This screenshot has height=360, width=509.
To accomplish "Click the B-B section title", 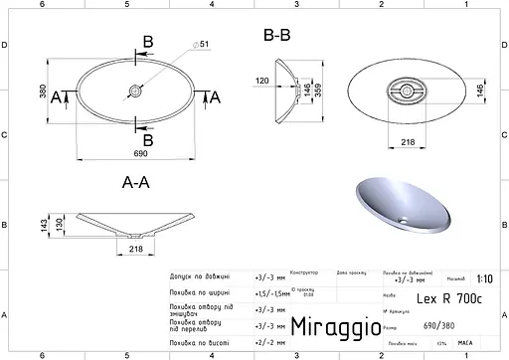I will click(x=276, y=37).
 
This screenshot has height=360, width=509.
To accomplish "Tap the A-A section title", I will click(x=135, y=183).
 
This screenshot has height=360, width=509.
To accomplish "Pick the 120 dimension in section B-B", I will click(x=262, y=82).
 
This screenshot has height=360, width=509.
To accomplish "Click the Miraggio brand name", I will click(x=334, y=326).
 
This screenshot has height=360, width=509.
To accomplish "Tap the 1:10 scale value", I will click(x=484, y=279).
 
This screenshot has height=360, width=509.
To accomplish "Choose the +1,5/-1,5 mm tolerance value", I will click(x=270, y=293).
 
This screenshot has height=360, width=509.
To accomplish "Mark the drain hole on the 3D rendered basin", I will click(x=402, y=218).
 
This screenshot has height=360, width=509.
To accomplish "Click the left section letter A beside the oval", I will click(x=56, y=95).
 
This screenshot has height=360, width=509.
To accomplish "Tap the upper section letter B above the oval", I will click(x=147, y=41).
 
